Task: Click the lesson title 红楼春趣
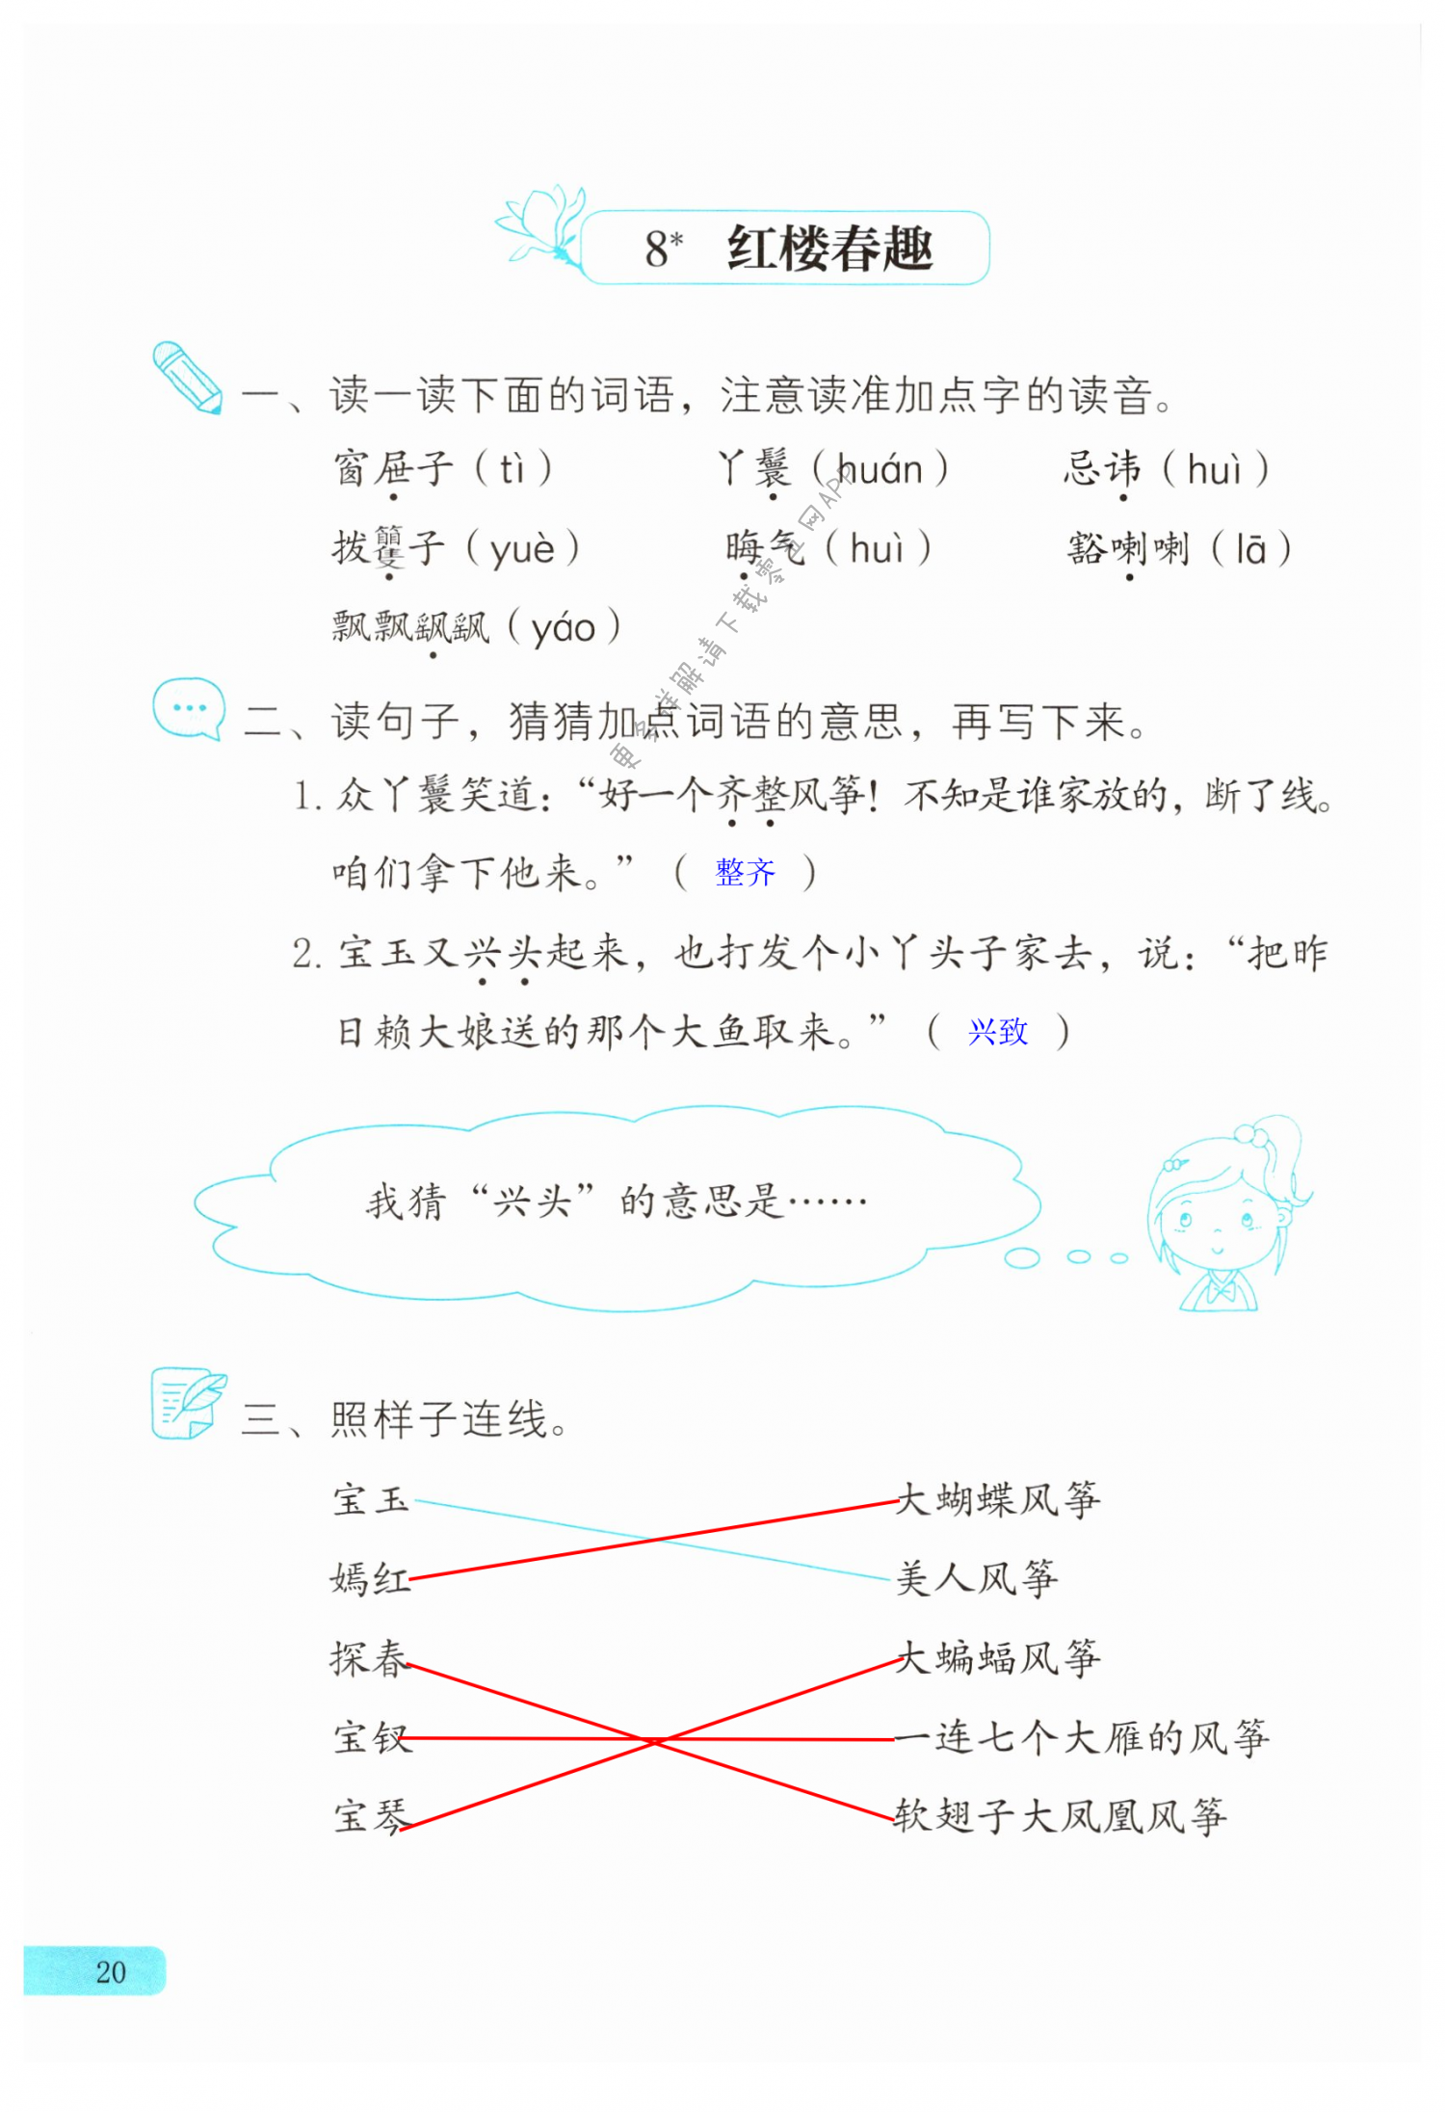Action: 829,250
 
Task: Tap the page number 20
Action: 111,1972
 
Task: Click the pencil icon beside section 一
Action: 187,378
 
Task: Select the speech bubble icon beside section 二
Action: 189,709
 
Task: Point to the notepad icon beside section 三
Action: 188,1403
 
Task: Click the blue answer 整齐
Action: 745,873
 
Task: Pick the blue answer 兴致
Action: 998,1032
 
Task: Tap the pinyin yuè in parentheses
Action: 523,550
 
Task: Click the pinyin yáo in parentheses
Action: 564,628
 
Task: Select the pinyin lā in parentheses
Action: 1250,550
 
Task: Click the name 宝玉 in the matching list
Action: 372,1500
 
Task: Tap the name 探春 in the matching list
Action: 369,1658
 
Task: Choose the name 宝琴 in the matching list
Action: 372,1816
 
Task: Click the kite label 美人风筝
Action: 977,1579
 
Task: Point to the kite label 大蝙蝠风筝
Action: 998,1658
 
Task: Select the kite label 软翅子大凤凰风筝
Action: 1060,1816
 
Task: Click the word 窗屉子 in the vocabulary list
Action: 393,470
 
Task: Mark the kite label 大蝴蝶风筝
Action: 998,1500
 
